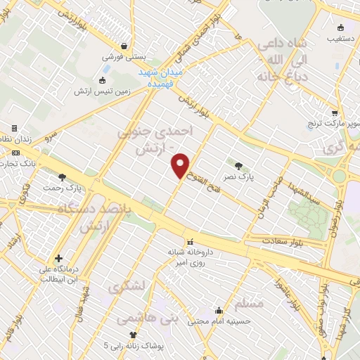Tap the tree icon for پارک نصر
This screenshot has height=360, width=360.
pos(239,166)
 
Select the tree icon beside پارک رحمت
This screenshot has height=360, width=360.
pos(63,177)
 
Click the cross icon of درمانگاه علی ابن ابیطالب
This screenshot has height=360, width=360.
pos(59,258)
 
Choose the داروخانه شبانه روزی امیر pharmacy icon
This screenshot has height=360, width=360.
pos(189,242)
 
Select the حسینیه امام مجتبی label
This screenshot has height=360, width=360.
pos(216,322)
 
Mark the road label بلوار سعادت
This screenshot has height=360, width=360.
pos(283,240)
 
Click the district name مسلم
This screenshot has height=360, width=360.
pos(251,304)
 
